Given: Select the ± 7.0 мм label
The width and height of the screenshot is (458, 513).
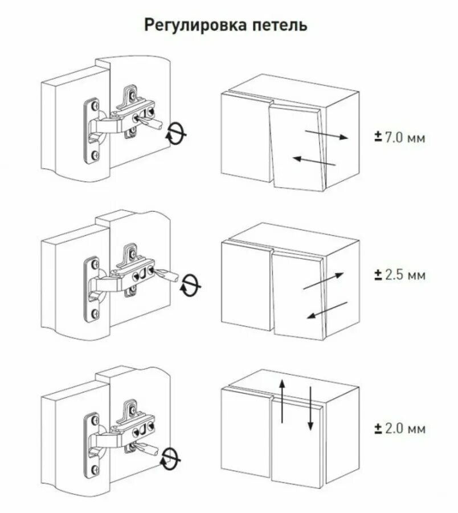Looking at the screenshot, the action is click(399, 137).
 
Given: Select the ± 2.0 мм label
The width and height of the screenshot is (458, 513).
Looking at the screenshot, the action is click(399, 429).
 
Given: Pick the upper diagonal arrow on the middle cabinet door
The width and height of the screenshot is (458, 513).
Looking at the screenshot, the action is click(323, 281).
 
